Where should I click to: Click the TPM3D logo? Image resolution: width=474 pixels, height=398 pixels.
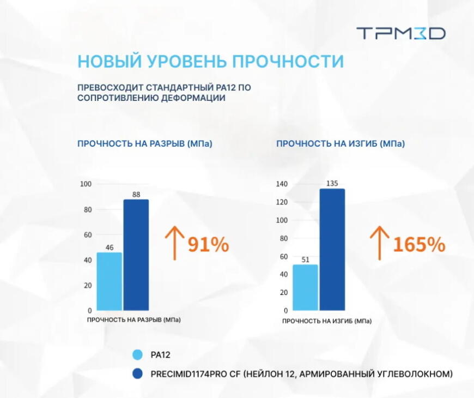401,33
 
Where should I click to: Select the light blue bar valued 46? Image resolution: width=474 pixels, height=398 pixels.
109,281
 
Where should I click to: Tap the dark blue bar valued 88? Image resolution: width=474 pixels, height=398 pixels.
136,255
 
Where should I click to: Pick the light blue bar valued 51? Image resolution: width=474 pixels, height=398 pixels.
305,287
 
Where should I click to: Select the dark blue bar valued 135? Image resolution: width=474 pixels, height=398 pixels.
332,249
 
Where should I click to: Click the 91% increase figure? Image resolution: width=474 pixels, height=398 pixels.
208,245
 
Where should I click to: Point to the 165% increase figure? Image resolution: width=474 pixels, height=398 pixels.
418,245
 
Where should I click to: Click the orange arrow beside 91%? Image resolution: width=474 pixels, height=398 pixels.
173,243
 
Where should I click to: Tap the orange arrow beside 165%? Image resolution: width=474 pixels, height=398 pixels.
379,243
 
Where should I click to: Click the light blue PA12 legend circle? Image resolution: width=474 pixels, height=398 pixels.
137,355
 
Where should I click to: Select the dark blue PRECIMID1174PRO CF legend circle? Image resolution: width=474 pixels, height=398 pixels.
137,374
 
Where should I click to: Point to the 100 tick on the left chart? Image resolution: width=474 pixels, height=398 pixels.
86,184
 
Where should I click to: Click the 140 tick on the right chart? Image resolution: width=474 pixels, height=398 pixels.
281,184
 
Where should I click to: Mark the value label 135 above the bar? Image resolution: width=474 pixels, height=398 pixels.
332,183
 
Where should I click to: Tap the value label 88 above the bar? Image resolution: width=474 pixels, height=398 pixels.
136,194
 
